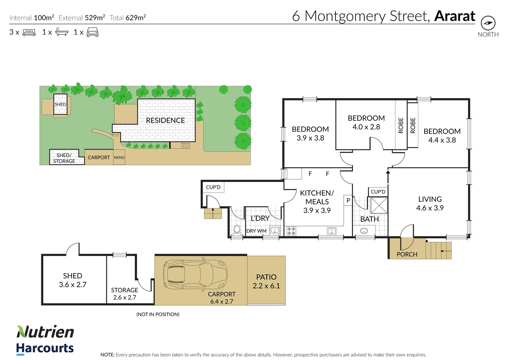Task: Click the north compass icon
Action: click(488, 23)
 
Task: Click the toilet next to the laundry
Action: click(237, 230)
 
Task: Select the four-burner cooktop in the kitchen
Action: click(291, 231)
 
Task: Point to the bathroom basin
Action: click(364, 231)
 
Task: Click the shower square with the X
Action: click(379, 205)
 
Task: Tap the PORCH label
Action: click(407, 254)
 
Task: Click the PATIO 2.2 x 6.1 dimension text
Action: click(266, 286)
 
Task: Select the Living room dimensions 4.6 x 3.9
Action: click(430, 208)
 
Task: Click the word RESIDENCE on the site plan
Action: click(165, 120)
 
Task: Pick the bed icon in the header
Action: click(29, 32)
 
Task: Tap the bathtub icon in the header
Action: click(62, 32)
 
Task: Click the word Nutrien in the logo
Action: click(45, 332)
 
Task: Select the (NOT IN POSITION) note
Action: click(158, 314)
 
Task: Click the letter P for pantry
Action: click(348, 200)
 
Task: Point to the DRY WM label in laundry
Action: click(256, 231)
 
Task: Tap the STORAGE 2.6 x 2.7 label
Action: click(125, 294)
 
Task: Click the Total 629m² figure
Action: click(128, 17)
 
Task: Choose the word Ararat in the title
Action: click(455, 16)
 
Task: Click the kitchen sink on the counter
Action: click(332, 231)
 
